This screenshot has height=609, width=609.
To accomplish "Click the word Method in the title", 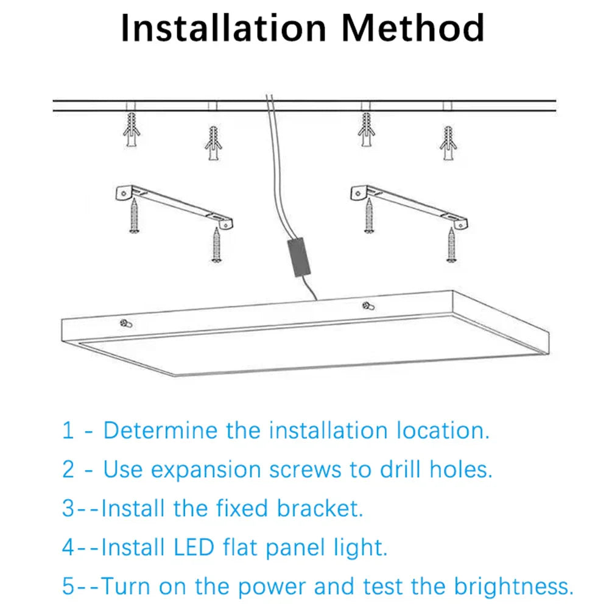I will tap(414, 28).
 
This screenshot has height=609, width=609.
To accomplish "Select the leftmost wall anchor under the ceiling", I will tap(132, 130).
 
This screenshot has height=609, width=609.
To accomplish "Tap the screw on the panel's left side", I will tap(125, 323).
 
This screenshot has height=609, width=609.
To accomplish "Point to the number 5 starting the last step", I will tap(69, 586).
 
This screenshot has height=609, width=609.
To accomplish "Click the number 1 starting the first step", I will tap(68, 431).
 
